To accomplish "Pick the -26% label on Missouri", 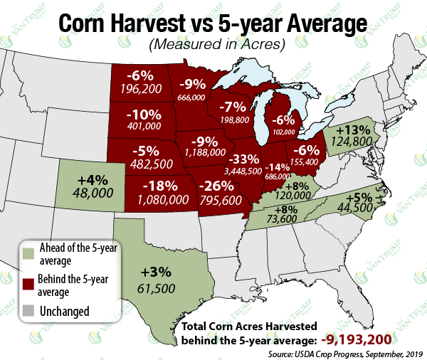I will (218, 186).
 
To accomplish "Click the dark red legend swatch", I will (28, 285).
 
